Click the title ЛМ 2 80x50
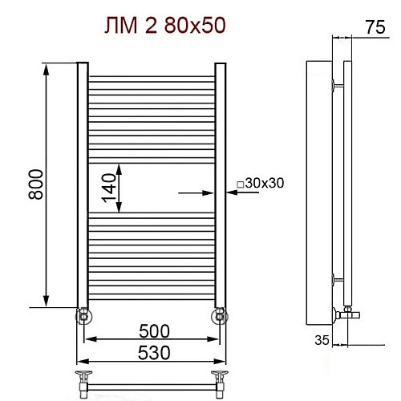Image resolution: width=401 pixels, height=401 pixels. tap(165, 26)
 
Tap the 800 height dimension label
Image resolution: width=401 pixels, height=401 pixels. tap(35, 184)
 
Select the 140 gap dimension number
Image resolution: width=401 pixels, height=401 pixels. tap(108, 188)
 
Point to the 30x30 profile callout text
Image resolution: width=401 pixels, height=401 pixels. tap(265, 183)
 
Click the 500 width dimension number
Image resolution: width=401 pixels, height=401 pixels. tap(154, 331)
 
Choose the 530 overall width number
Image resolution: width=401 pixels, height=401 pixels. tap(154, 353)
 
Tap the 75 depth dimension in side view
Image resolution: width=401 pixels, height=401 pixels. tap(375, 27)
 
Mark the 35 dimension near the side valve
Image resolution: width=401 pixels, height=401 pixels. tap(322, 340)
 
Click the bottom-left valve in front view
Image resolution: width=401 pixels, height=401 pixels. tap(84, 316)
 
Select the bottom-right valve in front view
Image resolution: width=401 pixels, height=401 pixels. tap(220, 316)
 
